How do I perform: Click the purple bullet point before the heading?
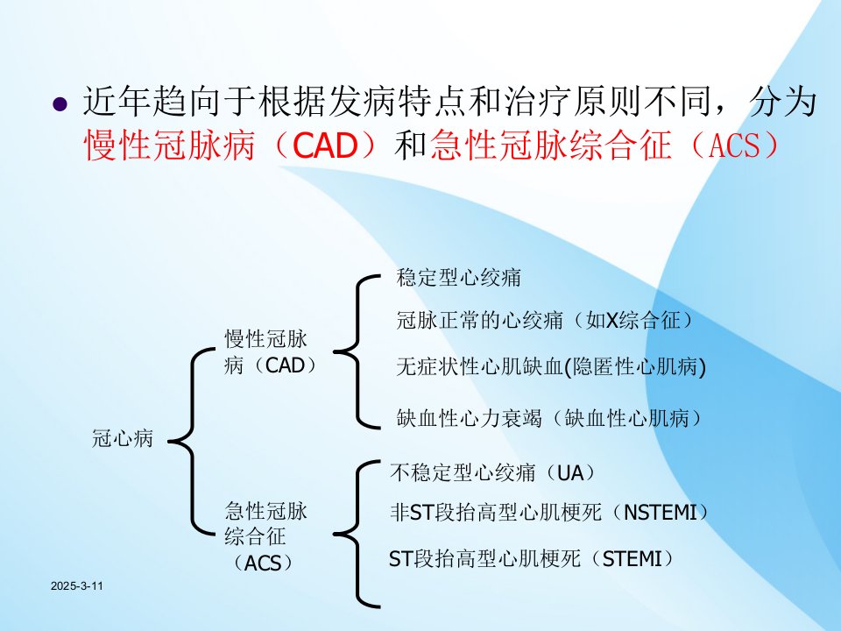click(60, 103)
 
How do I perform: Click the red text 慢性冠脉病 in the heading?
click(169, 145)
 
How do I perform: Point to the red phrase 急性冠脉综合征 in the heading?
click(551, 145)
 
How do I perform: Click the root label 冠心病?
click(123, 438)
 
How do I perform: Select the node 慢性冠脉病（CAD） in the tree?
click(271, 352)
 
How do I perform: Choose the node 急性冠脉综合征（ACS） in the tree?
click(266, 536)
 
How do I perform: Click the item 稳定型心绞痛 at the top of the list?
click(458, 278)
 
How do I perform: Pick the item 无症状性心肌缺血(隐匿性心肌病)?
click(551, 367)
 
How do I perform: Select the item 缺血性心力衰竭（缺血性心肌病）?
click(549, 417)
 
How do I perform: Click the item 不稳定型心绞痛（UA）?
click(493, 472)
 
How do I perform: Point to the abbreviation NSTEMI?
click(661, 513)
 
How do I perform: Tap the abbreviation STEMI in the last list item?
click(633, 559)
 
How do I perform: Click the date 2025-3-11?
click(77, 586)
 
